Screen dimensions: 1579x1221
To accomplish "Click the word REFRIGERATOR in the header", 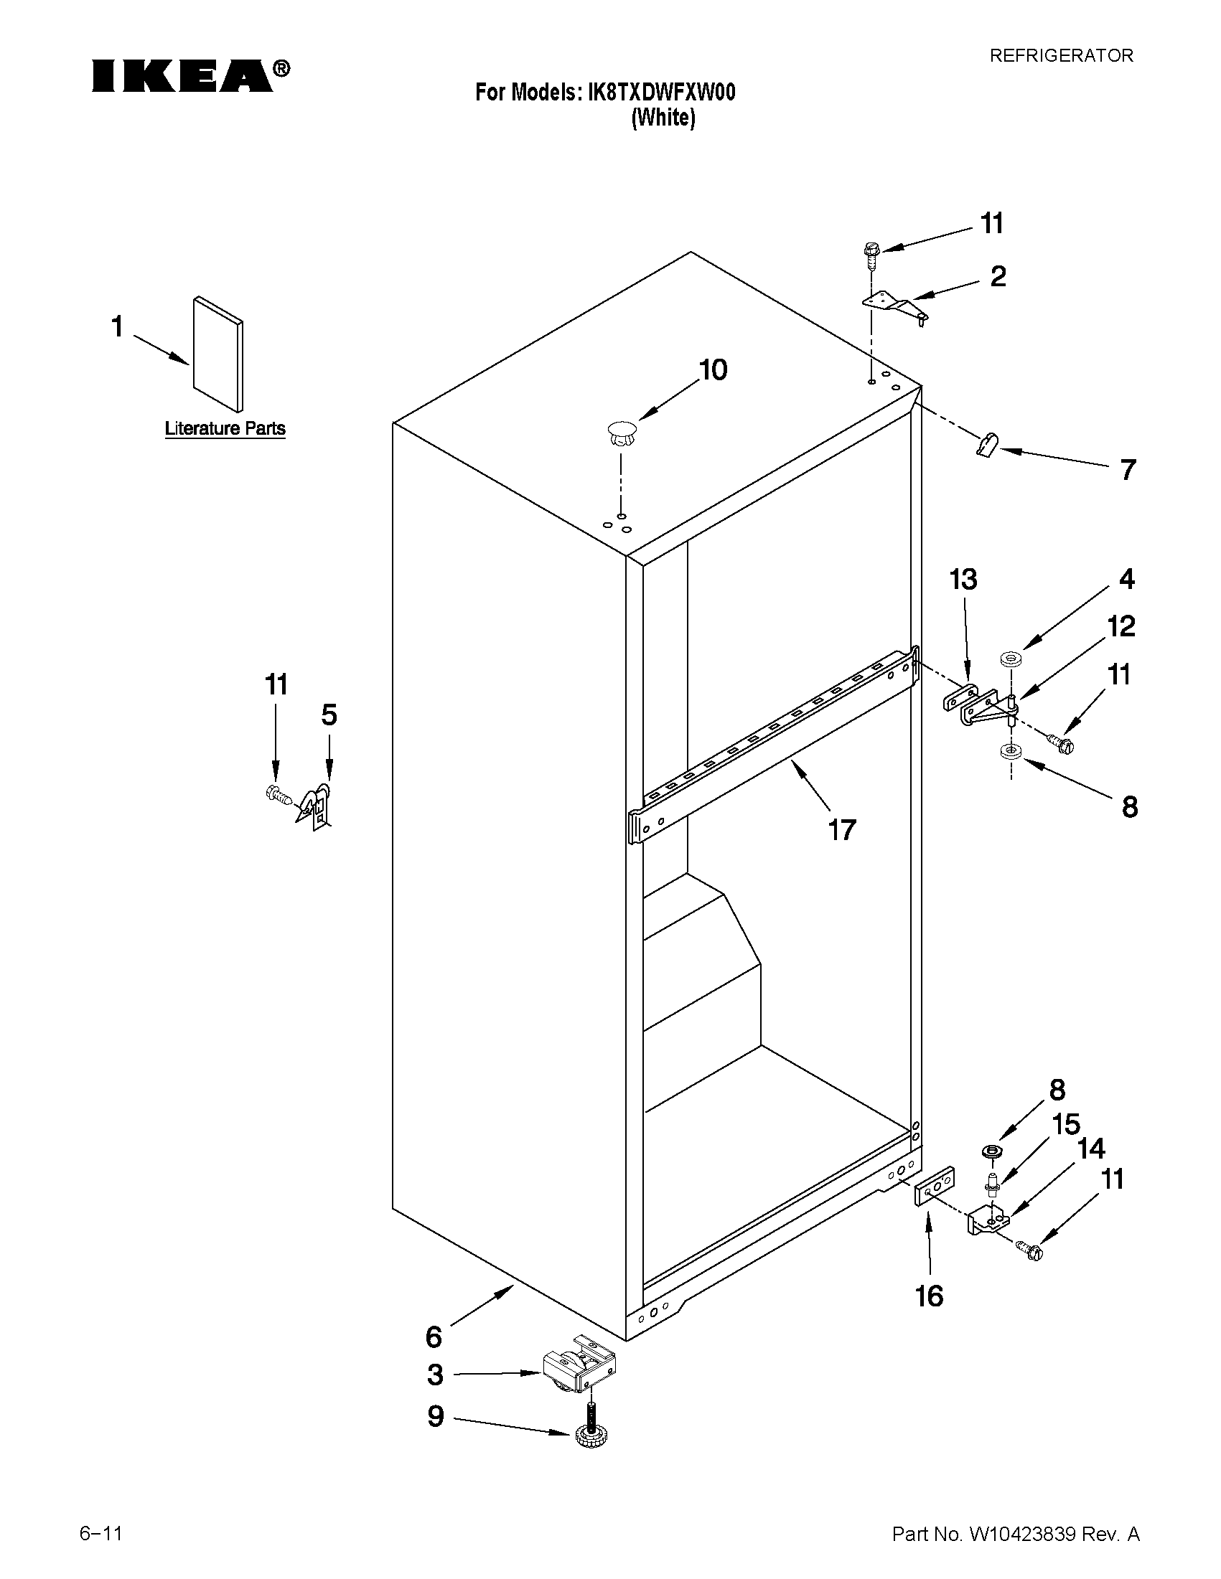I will pyautogui.click(x=1060, y=56).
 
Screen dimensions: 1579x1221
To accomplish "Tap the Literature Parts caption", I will pyautogui.click(x=225, y=429).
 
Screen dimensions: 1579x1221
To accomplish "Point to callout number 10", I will pyautogui.click(x=712, y=370).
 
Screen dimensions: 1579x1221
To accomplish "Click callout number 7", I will pyautogui.click(x=1127, y=470).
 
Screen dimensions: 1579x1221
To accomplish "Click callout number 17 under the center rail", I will pyautogui.click(x=842, y=830).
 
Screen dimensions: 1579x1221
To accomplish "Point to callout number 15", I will pyautogui.click(x=1065, y=1124).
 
